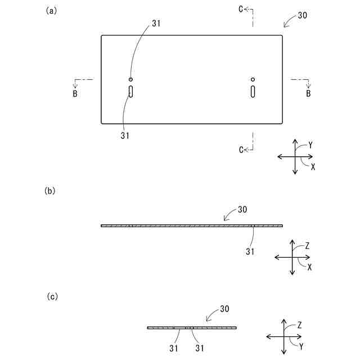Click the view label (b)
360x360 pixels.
pyautogui.click(x=50, y=191)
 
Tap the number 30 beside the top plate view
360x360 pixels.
pyautogui.click(x=302, y=16)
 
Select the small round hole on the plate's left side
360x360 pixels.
pyautogui.click(x=130, y=79)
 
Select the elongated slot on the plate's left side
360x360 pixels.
pyautogui.click(x=130, y=91)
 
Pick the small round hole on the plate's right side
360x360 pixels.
pyautogui.click(x=253, y=79)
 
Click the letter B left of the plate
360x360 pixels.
pyautogui.click(x=75, y=93)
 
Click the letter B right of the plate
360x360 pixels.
pyautogui.click(x=308, y=93)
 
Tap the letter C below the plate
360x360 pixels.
pyautogui.click(x=241, y=149)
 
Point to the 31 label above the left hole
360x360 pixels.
pyautogui.click(x=156, y=23)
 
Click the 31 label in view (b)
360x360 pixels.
pyautogui.click(x=251, y=251)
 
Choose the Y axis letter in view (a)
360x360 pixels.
pyautogui.click(x=310, y=145)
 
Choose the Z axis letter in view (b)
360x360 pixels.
pyautogui.click(x=308, y=246)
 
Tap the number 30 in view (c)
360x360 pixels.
pyautogui.click(x=224, y=309)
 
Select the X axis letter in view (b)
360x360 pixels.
pyautogui.click(x=310, y=267)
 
